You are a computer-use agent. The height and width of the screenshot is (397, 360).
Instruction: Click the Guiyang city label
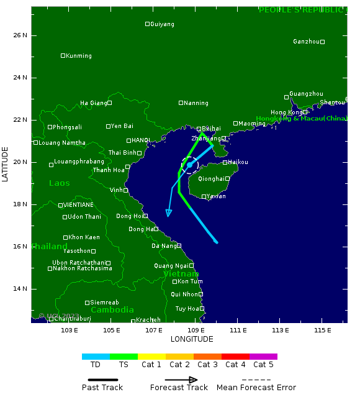(162, 24)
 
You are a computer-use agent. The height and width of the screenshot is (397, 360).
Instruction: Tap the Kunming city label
(79, 56)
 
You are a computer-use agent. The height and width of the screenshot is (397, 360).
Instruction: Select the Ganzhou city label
(306, 42)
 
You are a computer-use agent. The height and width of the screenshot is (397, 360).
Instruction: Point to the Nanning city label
(196, 103)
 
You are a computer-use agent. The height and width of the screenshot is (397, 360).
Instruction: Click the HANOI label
(141, 140)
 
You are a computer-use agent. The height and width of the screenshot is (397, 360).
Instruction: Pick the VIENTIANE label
(79, 205)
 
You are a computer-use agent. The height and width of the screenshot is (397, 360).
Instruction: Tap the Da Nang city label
(164, 246)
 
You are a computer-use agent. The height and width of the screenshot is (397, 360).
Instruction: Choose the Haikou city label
(238, 162)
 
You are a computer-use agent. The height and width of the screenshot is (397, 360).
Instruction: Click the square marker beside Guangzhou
(287, 97)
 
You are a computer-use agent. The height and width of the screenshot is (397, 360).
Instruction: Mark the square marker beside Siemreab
(88, 303)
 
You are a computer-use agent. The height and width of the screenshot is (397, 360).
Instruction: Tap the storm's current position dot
(190, 165)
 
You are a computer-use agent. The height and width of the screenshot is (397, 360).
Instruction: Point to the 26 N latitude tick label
(20, 35)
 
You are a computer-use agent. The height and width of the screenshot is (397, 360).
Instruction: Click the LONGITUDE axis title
(192, 339)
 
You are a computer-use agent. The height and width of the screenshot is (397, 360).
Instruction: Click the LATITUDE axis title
(6, 164)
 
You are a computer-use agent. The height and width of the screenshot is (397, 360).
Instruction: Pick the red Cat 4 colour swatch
(235, 357)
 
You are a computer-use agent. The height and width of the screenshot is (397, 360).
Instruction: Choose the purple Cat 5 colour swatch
(263, 357)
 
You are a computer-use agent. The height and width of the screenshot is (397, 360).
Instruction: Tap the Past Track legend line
(102, 379)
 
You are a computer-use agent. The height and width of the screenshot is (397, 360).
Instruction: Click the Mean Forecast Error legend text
(256, 388)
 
